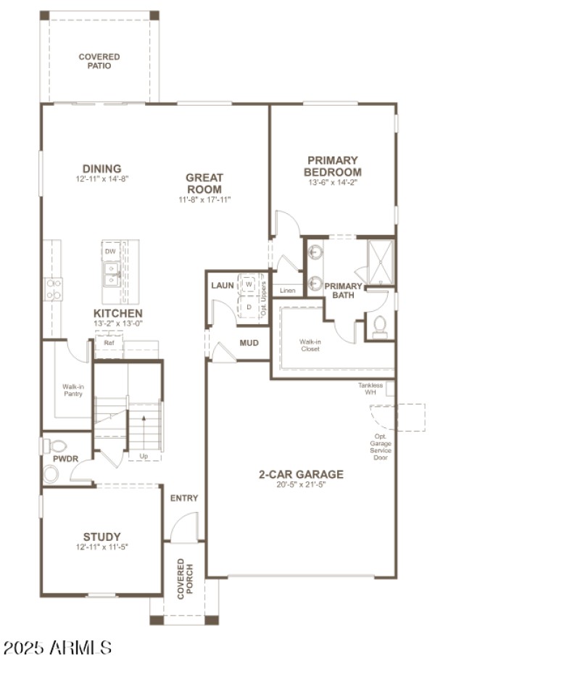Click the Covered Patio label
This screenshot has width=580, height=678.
[x=99, y=61]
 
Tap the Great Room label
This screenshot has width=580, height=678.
[x=204, y=183]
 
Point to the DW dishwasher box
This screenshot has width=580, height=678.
[x=110, y=252]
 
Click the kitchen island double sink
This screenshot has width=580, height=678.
[x=111, y=274]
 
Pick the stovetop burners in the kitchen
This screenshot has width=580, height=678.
[x=54, y=289]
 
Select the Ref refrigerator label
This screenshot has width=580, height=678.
[x=109, y=343]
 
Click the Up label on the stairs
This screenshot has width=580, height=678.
[x=143, y=456]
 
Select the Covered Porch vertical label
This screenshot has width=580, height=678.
[x=185, y=579]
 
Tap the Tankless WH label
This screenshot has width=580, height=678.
[x=370, y=389]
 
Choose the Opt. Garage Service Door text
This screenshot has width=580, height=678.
[x=381, y=447]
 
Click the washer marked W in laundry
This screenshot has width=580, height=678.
[x=249, y=285]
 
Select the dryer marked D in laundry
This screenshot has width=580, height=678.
[x=249, y=307]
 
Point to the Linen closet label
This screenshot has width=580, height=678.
[x=287, y=290]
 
